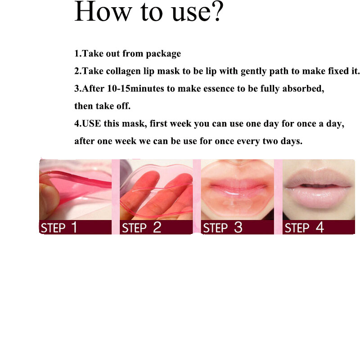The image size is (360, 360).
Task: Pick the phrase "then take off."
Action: [x=102, y=106]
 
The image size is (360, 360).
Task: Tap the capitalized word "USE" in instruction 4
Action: [x=92, y=124]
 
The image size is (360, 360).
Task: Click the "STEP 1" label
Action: [x=59, y=227]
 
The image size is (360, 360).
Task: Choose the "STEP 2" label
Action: [x=141, y=227]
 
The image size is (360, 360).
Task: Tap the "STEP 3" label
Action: [x=223, y=227]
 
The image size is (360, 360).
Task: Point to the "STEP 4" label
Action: [x=304, y=227]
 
